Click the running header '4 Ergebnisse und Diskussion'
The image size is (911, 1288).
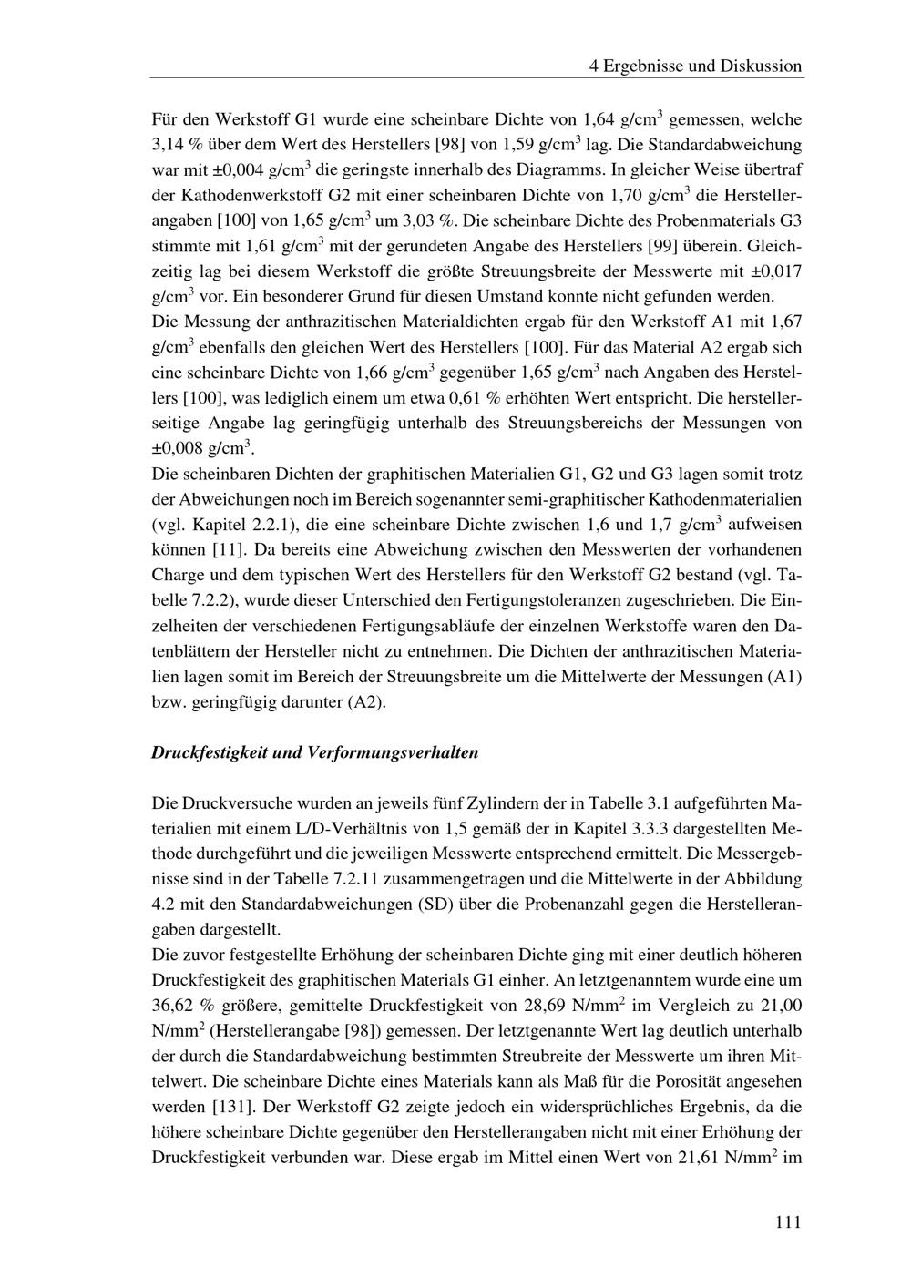tap(695, 66)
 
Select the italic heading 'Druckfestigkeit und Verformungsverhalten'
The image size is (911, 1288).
tap(314, 753)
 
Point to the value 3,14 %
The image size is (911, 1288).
tap(178, 145)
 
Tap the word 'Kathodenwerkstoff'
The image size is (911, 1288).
tap(246, 196)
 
